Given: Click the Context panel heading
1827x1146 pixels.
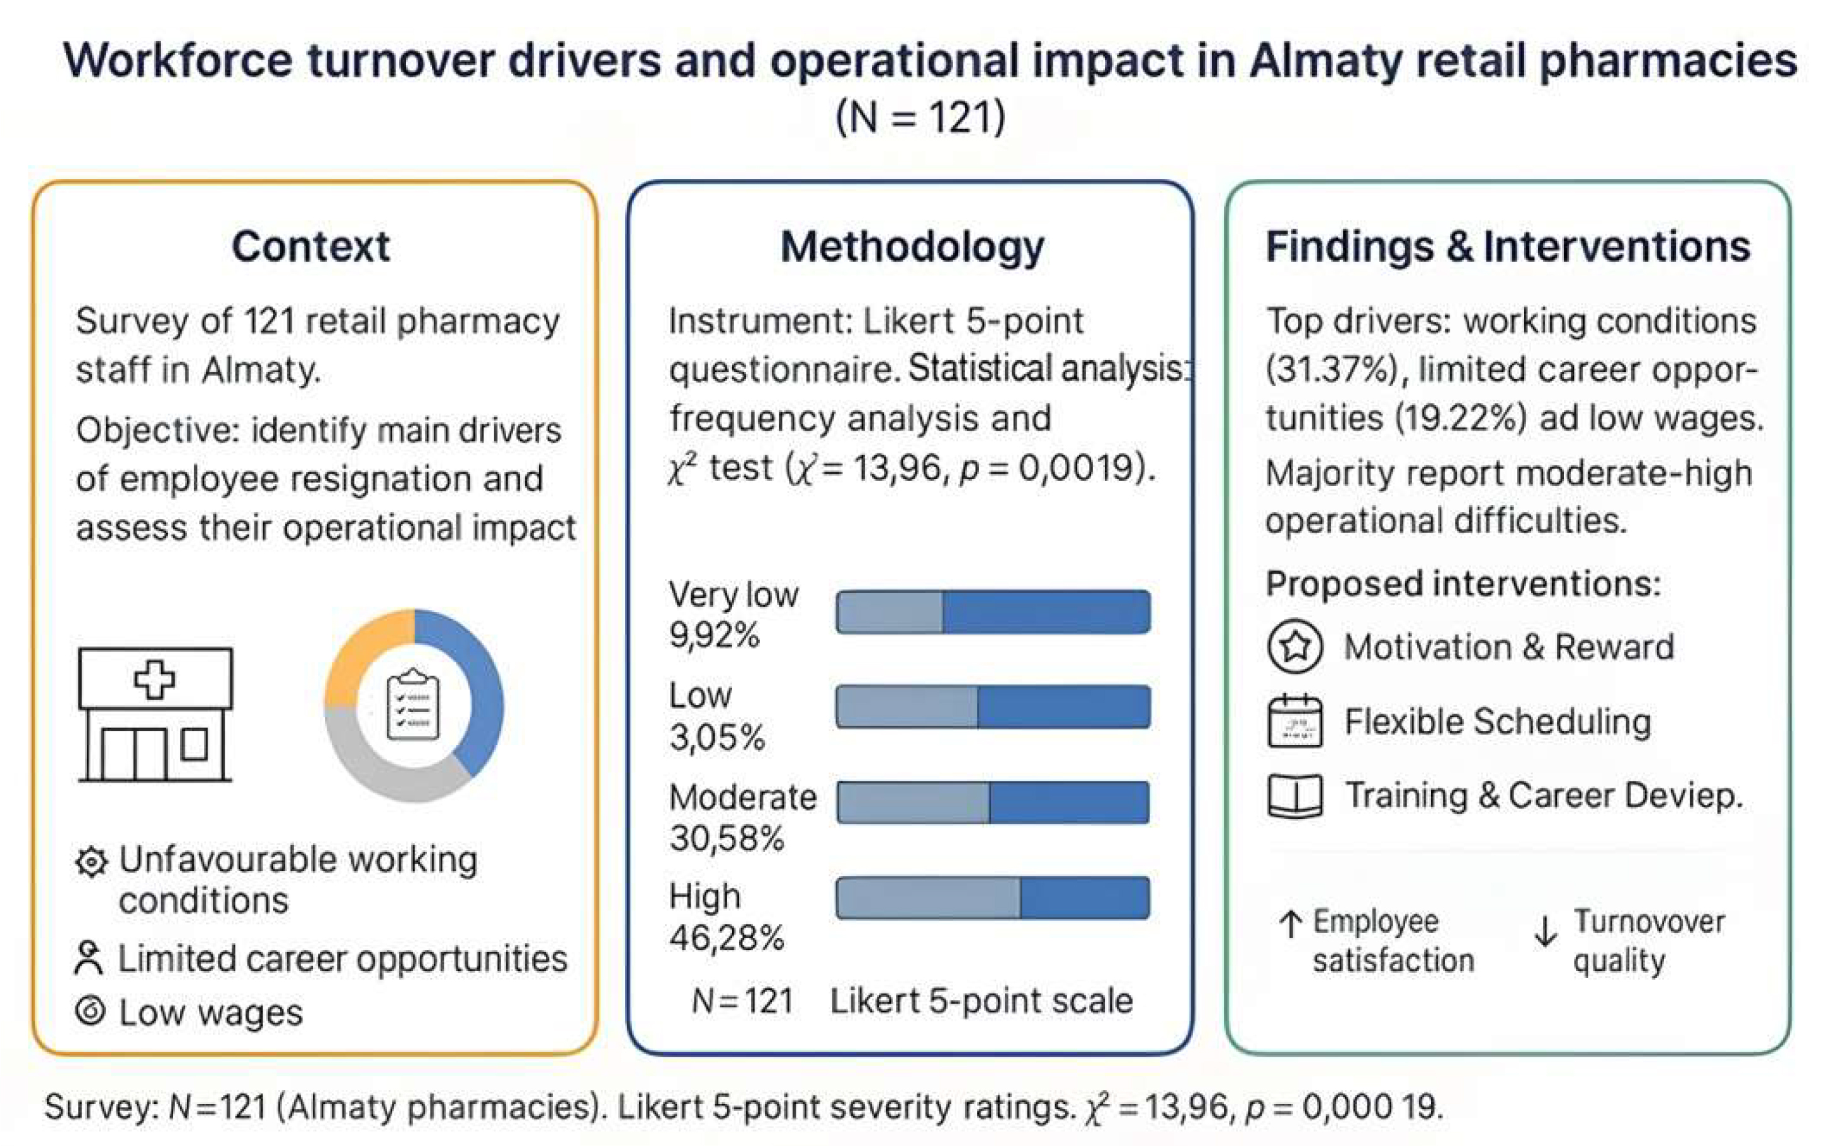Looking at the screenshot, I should coord(310,246).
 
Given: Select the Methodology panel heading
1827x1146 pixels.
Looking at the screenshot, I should coord(912,247).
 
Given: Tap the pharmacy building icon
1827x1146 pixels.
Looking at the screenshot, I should coord(156,714).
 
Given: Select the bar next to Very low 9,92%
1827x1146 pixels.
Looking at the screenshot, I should coord(993,611).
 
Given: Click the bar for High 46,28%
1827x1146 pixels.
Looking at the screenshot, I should coord(993,898).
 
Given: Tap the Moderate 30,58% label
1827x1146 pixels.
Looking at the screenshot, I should coord(741,817).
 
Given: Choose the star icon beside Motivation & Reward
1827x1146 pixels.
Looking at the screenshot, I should coord(1294,647).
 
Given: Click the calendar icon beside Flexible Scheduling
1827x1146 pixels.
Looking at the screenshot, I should coord(1294,721).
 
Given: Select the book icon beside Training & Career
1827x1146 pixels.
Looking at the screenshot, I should coord(1294,796).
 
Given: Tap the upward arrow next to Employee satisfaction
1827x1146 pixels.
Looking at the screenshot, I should coord(1290,924).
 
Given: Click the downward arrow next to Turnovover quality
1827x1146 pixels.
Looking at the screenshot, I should coord(1545,931).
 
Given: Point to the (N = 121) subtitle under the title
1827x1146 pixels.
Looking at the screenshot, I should coord(920,118).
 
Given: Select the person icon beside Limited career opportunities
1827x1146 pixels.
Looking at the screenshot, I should coord(89,957).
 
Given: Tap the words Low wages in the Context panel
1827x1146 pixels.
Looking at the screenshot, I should coord(211,1013).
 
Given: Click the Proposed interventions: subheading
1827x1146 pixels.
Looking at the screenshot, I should coord(1462,584).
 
